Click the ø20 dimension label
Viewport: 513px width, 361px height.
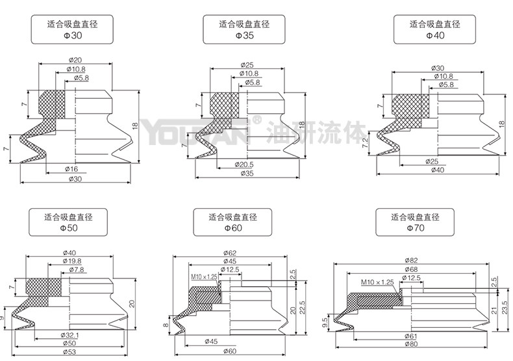click(75, 60)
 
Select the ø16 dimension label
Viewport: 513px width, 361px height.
click(71, 168)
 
